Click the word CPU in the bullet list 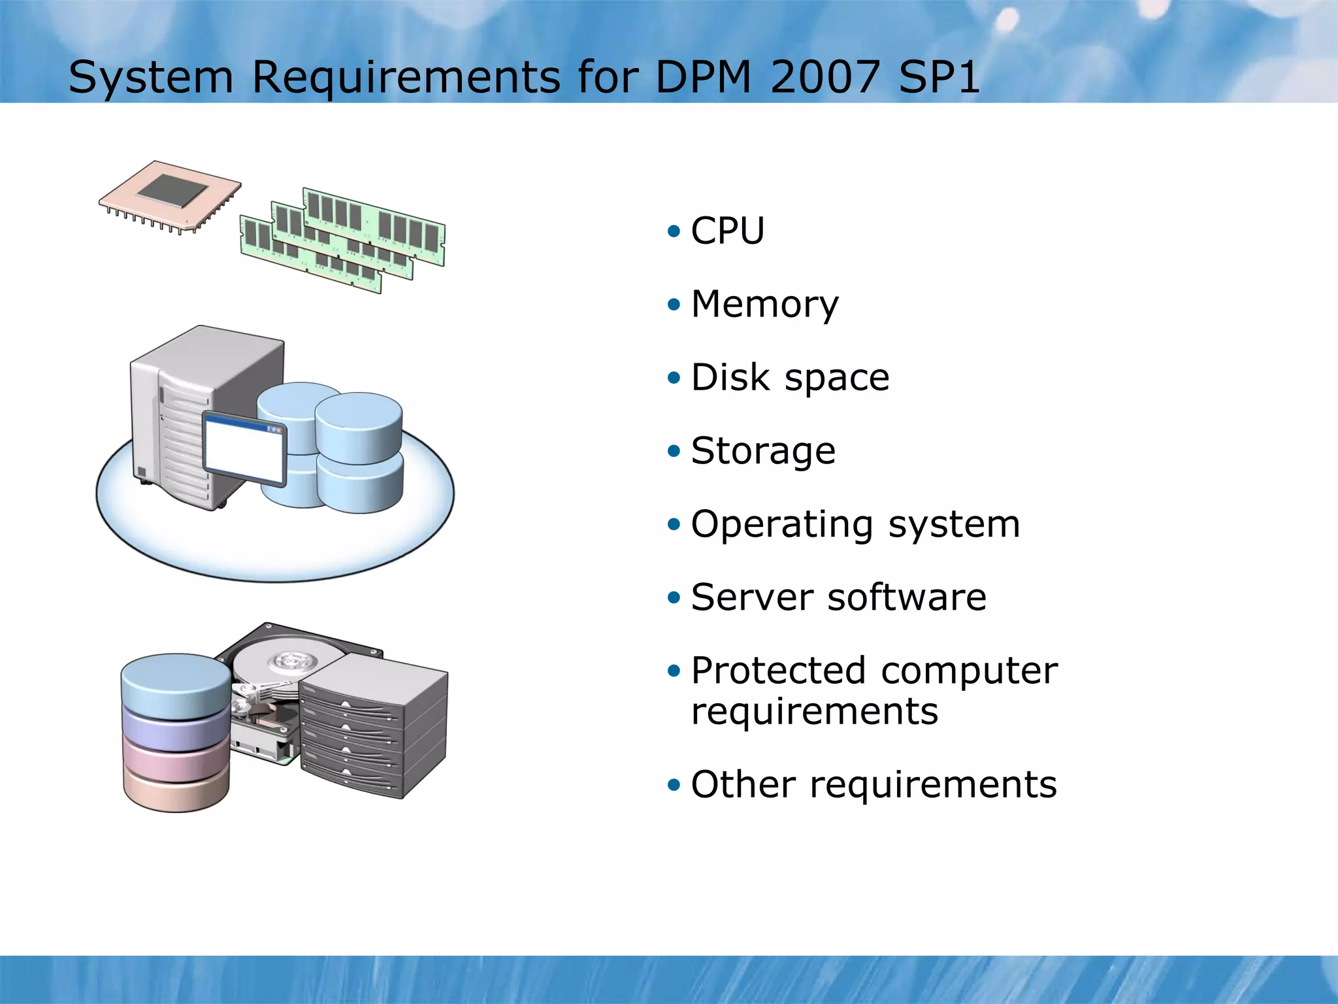tap(727, 231)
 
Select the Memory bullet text tap(764, 305)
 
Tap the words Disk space tap(790, 378)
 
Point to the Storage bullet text tap(763, 451)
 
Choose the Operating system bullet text tap(855, 524)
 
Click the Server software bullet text tap(839, 597)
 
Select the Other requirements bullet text tap(873, 784)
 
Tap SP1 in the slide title tap(939, 77)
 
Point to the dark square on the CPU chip tap(172, 190)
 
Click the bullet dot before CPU tap(674, 231)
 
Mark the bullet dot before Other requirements tap(674, 784)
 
